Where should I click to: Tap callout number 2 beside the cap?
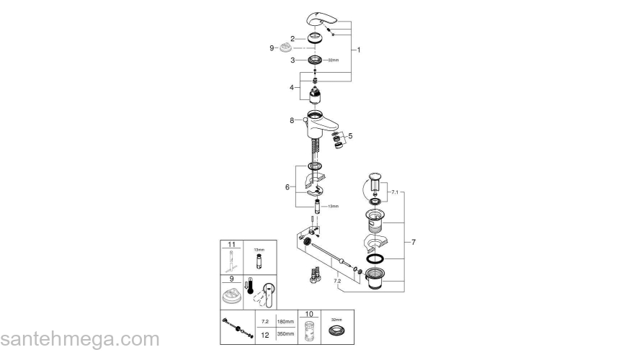(293, 38)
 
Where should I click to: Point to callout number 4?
(293, 87)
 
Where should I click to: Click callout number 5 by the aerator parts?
(351, 135)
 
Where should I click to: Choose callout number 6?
(287, 186)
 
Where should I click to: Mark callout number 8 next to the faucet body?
(293, 121)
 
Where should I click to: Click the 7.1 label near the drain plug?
(393, 194)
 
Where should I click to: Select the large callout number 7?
(414, 243)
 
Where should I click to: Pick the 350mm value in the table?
(286, 333)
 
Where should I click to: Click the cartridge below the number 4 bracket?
(314, 98)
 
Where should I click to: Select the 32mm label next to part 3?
(333, 61)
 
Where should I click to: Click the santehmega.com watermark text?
(79, 340)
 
